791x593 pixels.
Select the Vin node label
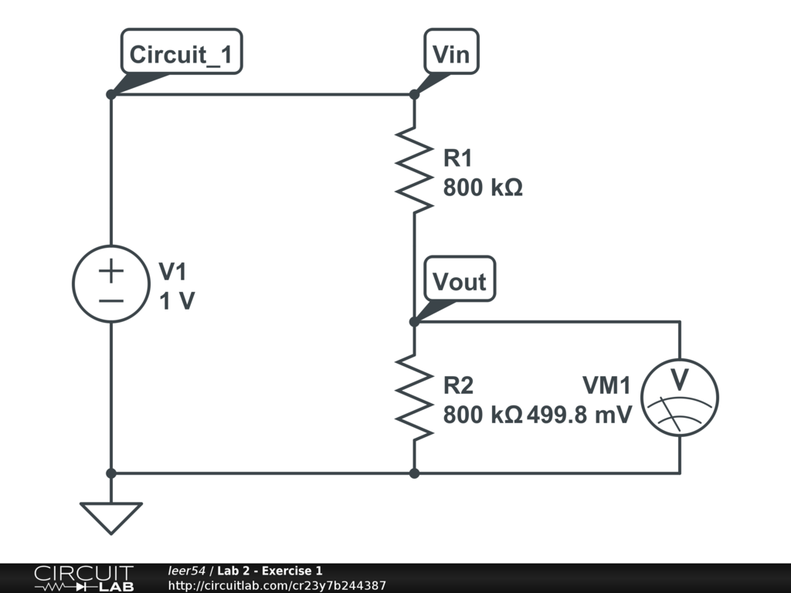(451, 54)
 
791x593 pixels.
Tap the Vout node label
(460, 281)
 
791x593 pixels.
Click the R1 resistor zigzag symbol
(415, 170)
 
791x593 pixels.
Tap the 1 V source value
(177, 301)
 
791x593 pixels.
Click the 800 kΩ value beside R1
(483, 188)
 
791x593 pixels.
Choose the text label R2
(458, 385)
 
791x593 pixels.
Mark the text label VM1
(606, 385)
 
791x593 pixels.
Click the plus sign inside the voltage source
(111, 271)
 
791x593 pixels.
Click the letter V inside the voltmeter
(679, 380)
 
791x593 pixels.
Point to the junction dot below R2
(415, 473)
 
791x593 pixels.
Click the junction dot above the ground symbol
(111, 473)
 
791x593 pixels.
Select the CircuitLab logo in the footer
(83, 578)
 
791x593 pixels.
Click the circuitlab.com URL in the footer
(277, 586)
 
